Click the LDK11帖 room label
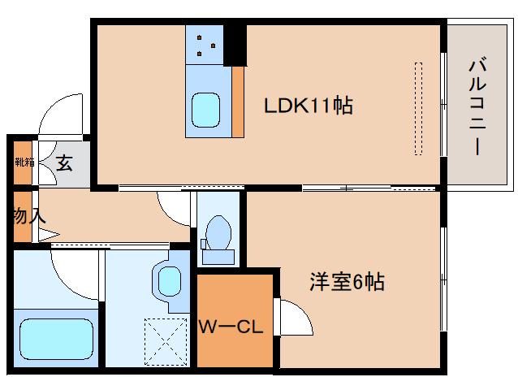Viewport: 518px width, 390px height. [308, 106]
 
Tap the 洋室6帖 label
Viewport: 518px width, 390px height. [346, 283]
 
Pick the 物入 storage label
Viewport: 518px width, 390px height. [28, 216]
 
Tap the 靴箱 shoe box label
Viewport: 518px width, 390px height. [24, 161]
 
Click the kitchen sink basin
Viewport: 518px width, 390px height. [205, 107]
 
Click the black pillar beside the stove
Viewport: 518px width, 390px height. [235, 45]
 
